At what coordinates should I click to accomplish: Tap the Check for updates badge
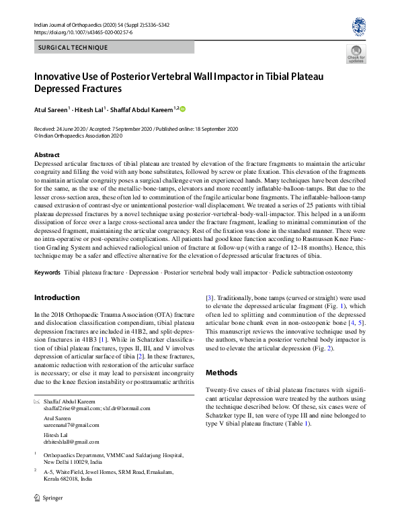[x=356, y=54]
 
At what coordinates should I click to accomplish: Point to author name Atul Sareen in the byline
[x=52, y=109]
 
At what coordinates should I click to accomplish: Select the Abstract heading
[x=46, y=155]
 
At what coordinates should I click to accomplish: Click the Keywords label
[x=47, y=273]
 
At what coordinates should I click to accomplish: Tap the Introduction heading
[x=56, y=297]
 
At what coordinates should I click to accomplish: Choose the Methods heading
[x=221, y=373]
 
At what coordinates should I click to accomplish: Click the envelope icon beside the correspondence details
[x=36, y=401]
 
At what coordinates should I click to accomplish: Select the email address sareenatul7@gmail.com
[x=71, y=425]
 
